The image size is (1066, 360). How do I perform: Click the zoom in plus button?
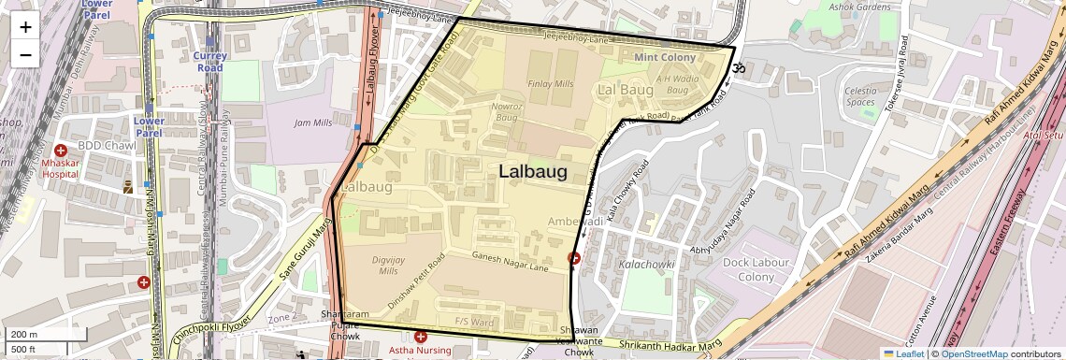pos(25,26)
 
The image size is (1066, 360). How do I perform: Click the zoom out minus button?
pos(25,54)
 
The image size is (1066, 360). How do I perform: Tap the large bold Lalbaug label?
pos(533,171)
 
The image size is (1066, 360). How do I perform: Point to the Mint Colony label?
pos(665,58)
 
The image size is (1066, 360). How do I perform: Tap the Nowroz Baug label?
pos(506,112)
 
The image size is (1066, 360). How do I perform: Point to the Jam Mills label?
pos(313,122)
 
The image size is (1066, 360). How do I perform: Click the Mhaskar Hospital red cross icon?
pos(61,151)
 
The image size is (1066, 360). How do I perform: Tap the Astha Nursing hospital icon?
pos(421,336)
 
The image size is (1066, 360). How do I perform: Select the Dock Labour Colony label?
pos(756,270)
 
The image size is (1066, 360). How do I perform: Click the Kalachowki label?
pos(647,265)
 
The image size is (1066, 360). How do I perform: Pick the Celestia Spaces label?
pos(860,96)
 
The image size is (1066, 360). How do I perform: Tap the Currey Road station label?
pos(209,62)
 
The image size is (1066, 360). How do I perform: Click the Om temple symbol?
pos(736,67)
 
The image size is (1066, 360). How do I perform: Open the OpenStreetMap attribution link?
pos(973,353)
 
